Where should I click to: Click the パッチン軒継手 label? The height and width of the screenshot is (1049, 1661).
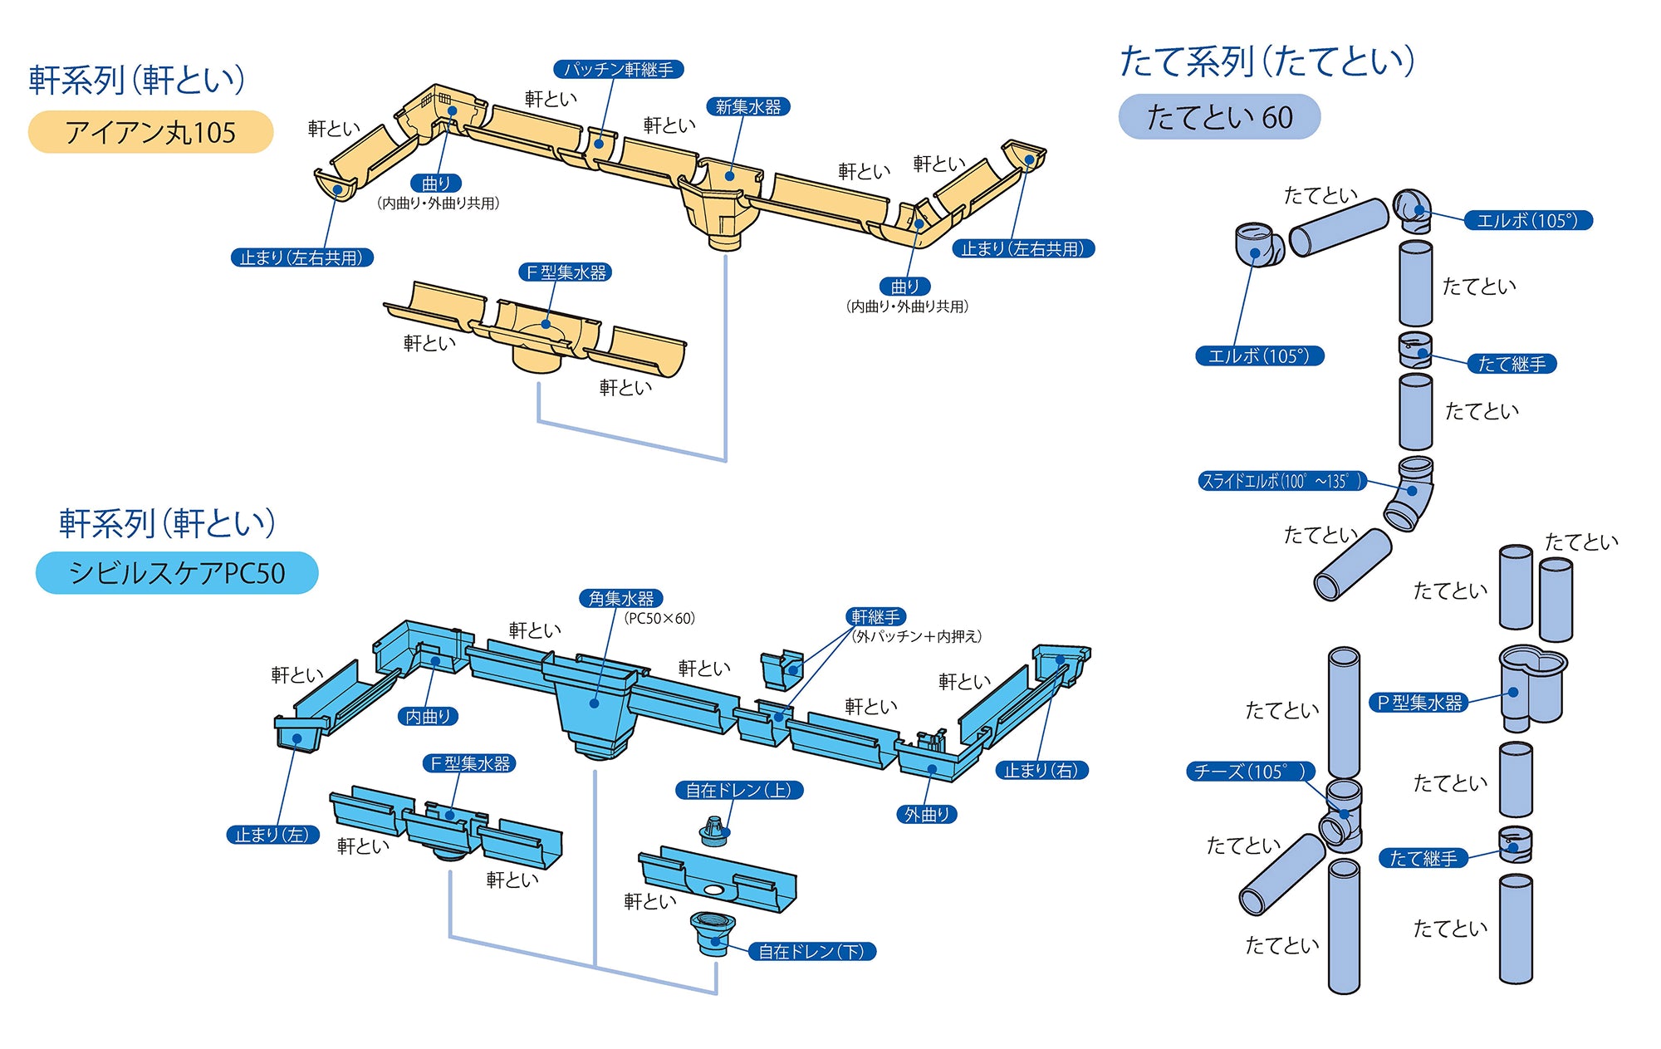(619, 69)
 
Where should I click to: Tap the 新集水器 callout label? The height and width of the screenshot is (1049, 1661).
(747, 106)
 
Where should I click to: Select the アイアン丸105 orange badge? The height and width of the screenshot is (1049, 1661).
(150, 132)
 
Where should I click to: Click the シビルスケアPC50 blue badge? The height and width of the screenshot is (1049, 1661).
(177, 573)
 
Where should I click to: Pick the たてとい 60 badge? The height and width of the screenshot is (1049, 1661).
(1218, 117)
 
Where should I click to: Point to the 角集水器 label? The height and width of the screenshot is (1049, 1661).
(620, 598)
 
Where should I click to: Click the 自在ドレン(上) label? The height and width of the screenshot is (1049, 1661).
(738, 790)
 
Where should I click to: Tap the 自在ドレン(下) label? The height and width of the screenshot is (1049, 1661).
(811, 951)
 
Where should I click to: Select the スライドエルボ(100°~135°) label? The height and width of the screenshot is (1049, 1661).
(1281, 481)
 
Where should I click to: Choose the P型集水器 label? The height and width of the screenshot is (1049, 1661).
(1418, 703)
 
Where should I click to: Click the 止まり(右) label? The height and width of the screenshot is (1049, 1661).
(1041, 770)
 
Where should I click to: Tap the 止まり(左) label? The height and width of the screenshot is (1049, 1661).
(272, 835)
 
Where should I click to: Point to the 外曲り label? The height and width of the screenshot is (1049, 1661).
(926, 814)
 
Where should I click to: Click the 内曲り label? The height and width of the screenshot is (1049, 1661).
(428, 716)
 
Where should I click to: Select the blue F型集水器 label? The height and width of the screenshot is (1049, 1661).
(469, 763)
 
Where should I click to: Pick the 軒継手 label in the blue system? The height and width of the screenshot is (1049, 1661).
(875, 616)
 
